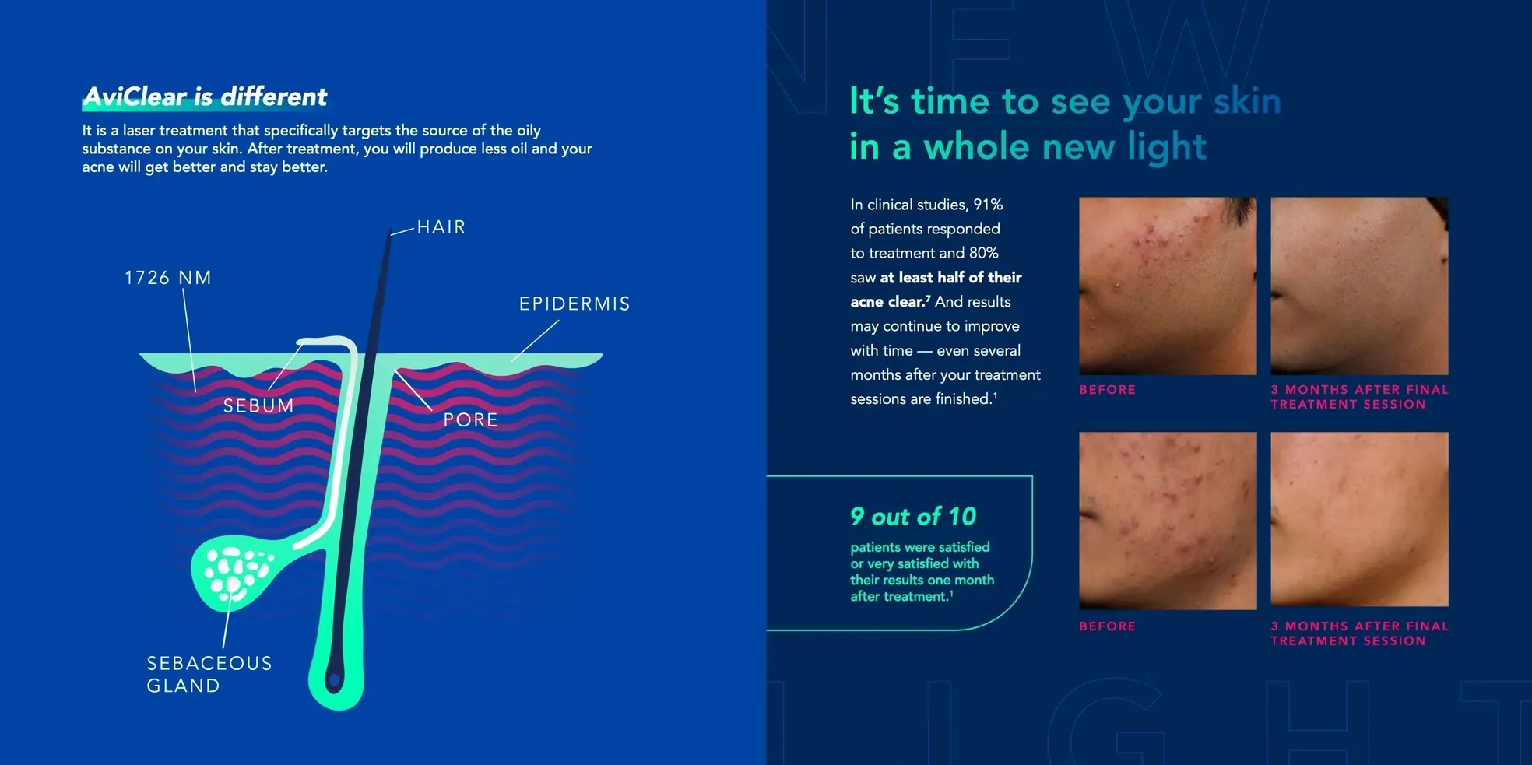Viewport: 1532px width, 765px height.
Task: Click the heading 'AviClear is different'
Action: pyautogui.click(x=205, y=97)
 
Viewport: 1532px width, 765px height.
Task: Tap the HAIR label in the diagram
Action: pyautogui.click(x=441, y=227)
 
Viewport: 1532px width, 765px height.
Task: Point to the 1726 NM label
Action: pyautogui.click(x=168, y=278)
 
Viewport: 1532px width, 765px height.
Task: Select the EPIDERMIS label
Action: pyautogui.click(x=574, y=304)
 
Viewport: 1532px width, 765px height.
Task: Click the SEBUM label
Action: pyautogui.click(x=258, y=405)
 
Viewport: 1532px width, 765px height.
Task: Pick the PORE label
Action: pyautogui.click(x=470, y=420)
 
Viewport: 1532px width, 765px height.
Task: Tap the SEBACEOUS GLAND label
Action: pyautogui.click(x=209, y=674)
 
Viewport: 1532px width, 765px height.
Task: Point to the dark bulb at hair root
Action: pyautogui.click(x=335, y=680)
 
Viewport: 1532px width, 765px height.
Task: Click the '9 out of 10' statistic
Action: pyautogui.click(x=913, y=516)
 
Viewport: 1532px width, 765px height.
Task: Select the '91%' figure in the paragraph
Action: pyautogui.click(x=988, y=205)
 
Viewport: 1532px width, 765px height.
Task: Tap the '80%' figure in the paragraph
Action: pyautogui.click(x=984, y=253)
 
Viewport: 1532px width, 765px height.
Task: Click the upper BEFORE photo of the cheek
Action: pyautogui.click(x=1168, y=286)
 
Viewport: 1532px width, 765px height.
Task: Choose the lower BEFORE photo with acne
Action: pyautogui.click(x=1168, y=521)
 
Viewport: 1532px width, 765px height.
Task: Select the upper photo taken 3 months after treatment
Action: pyautogui.click(x=1359, y=286)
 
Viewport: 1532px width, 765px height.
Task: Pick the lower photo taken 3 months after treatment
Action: pyautogui.click(x=1359, y=519)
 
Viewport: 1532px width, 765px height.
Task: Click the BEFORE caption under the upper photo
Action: pyautogui.click(x=1107, y=390)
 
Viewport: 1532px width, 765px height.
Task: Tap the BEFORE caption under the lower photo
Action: pyautogui.click(x=1107, y=626)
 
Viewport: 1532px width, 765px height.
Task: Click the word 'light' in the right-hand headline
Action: pyautogui.click(x=1167, y=148)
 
